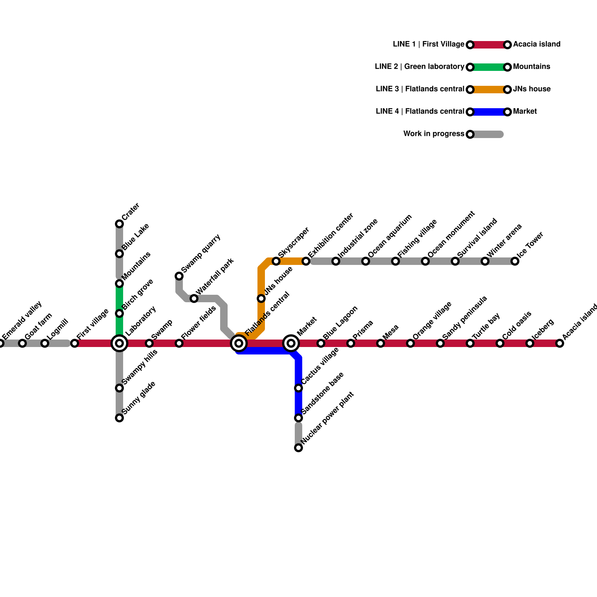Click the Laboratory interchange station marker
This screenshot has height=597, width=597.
119,343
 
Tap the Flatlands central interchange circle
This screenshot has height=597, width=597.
239,343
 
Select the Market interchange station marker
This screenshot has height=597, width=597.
291,343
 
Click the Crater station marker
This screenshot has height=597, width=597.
119,224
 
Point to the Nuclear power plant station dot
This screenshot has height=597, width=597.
298,448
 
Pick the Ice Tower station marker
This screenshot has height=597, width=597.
515,261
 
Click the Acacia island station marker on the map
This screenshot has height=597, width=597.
560,343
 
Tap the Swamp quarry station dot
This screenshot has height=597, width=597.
179,276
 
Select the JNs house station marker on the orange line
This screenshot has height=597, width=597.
261,298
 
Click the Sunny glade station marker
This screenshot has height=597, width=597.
119,418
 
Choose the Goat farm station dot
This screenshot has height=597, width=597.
22,343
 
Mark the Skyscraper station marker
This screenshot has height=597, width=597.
276,261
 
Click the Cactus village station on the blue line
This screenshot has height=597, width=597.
298,388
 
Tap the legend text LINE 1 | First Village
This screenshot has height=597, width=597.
428,44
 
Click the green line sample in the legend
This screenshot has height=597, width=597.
489,67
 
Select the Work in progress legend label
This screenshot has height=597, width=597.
434,134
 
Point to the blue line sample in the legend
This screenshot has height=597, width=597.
489,112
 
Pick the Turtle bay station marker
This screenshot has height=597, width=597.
470,343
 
